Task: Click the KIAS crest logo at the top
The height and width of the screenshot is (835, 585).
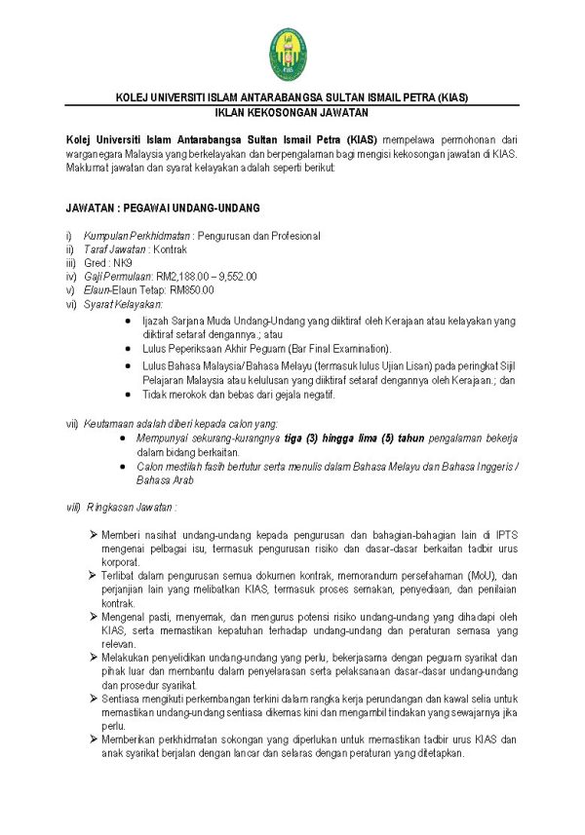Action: (x=292, y=55)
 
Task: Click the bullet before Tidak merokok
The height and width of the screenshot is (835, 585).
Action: (x=130, y=395)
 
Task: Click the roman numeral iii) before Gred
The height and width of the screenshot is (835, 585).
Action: (x=70, y=263)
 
